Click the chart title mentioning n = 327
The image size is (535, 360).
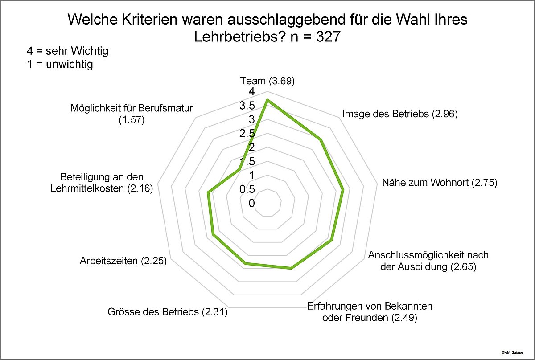267,28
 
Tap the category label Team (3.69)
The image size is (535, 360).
267,81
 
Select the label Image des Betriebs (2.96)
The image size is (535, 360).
400,114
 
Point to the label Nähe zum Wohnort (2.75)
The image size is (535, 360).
439,183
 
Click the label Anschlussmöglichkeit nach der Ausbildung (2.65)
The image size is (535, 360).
428,261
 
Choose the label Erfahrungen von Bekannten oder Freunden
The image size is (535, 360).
370,312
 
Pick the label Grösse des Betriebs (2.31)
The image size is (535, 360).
168,312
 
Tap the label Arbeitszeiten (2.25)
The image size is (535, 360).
123,261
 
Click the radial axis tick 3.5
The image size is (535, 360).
247,106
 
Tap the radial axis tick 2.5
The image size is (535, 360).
247,134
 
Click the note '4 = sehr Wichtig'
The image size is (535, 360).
67,51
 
